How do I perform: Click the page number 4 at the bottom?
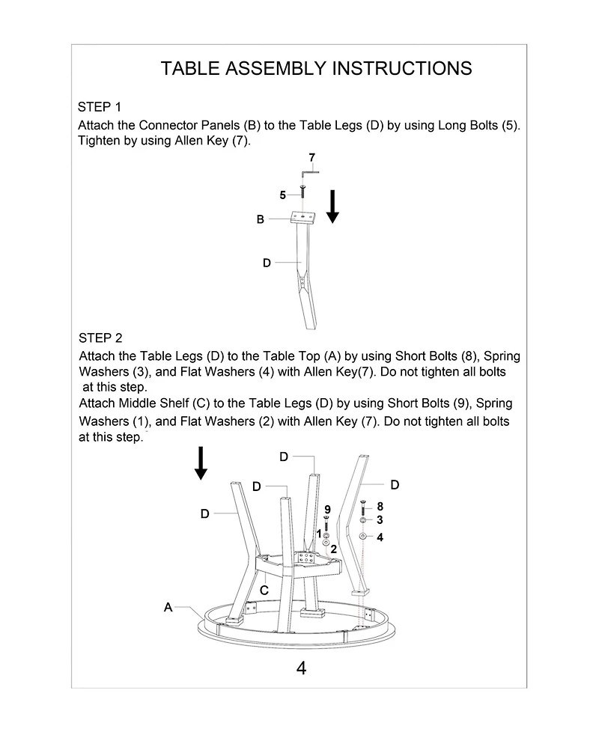301,668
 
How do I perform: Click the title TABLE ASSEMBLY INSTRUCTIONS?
316,69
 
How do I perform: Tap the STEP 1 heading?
100,106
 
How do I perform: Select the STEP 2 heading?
100,338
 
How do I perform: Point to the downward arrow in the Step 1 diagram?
332,206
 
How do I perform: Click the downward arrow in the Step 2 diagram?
200,463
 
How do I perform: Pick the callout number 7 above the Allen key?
311,157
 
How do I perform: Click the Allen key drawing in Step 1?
310,171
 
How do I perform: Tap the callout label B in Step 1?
260,219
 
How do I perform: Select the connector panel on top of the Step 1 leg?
305,218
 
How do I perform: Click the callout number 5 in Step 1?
282,195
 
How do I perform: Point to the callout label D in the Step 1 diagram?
266,263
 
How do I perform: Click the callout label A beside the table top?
168,607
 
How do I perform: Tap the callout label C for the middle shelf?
264,590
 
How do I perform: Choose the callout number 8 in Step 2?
380,507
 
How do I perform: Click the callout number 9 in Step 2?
327,510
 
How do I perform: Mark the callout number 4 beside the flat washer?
380,537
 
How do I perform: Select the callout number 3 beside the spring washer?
380,519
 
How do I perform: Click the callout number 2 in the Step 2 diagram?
334,549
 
